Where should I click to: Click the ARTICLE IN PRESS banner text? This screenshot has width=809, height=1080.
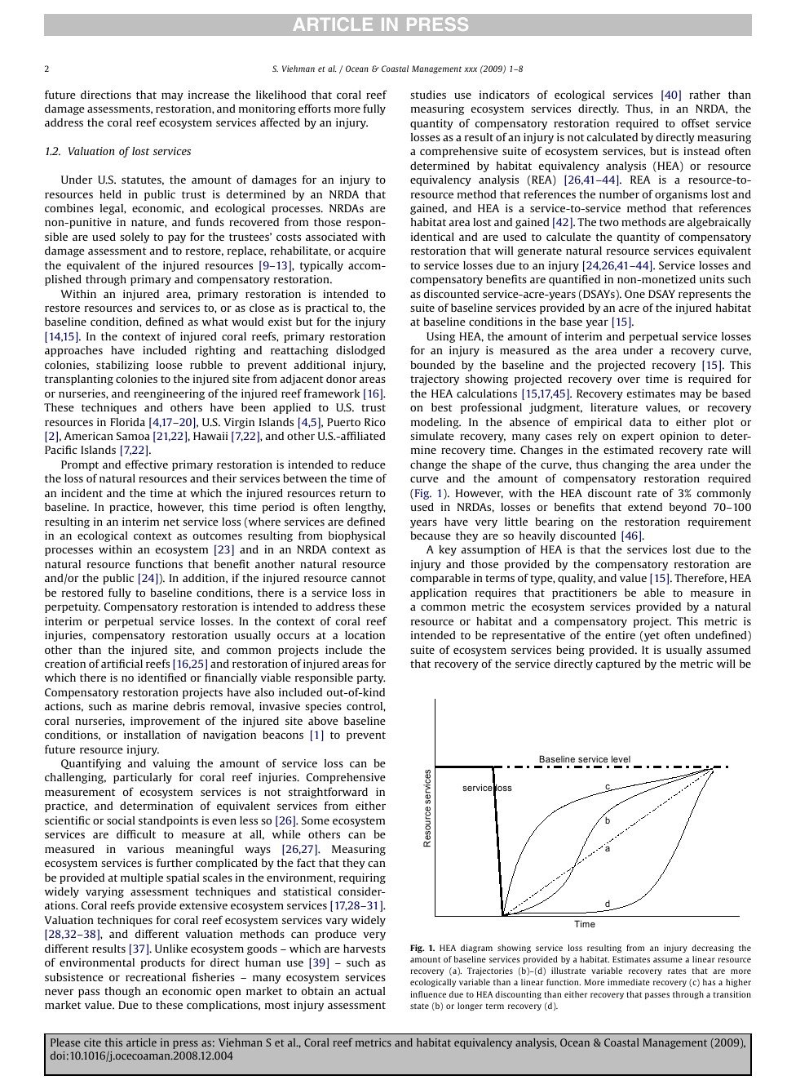[380, 25]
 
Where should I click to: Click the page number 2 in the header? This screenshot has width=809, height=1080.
[46, 69]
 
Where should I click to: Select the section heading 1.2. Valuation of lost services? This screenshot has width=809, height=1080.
[117, 152]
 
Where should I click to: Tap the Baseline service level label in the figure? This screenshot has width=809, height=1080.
[584, 759]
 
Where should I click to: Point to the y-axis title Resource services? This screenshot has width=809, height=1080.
[427, 807]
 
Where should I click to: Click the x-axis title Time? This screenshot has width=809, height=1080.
[584, 924]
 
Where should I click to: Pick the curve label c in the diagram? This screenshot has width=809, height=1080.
[608, 787]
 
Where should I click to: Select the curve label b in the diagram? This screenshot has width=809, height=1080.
[608, 820]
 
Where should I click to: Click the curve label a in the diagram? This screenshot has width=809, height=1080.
[608, 849]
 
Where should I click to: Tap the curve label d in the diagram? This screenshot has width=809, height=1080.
[608, 904]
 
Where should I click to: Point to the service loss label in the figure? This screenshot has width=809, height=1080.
[487, 788]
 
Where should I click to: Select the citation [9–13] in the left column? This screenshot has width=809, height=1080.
[275, 266]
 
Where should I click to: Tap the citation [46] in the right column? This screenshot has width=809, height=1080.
[631, 536]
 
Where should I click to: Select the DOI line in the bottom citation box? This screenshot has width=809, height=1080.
[141, 1056]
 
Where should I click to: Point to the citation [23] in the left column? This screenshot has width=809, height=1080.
[223, 550]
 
